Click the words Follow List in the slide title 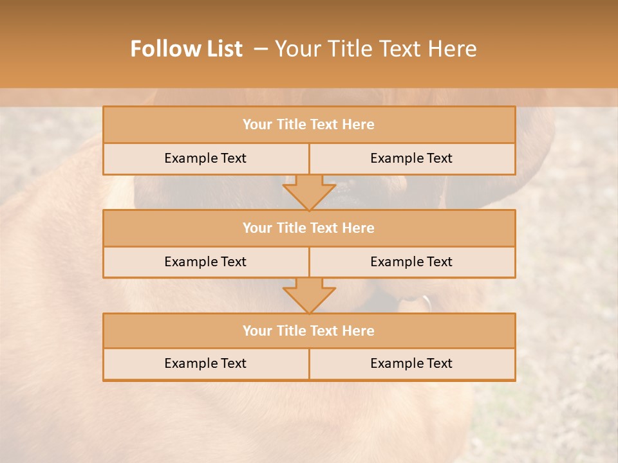pos(187,49)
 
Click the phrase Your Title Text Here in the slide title pos(376,49)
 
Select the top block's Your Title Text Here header pos(308,125)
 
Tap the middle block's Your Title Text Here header pos(308,228)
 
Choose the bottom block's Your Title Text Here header pos(308,331)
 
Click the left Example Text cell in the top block pos(205,158)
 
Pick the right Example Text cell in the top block pos(411,158)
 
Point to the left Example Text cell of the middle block pos(205,262)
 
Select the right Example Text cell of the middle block pos(411,262)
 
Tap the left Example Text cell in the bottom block pos(205,363)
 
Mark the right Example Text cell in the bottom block pos(411,363)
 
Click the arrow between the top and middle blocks pos(309,192)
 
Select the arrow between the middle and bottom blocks pos(309,295)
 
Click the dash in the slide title pos(261,49)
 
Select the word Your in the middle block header pos(257,228)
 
